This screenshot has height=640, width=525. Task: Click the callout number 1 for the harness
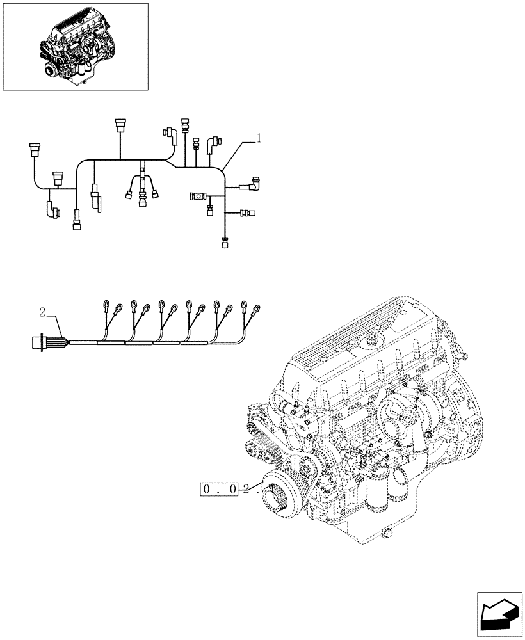[x=258, y=138]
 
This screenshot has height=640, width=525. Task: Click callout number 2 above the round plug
[x=42, y=312]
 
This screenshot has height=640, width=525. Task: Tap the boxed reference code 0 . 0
[x=219, y=490]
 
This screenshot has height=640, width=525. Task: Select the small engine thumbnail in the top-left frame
[x=76, y=46]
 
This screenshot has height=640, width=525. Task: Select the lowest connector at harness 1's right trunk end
[x=225, y=242]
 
